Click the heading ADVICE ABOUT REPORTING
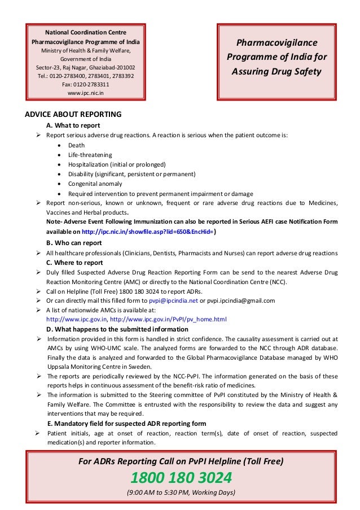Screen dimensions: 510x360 (x=73, y=115)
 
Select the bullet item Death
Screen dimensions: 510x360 (x=76, y=145)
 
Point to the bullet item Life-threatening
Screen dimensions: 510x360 (x=90, y=155)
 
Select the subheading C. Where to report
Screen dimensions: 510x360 (x=74, y=263)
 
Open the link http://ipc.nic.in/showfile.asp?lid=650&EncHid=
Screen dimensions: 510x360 (x=148, y=232)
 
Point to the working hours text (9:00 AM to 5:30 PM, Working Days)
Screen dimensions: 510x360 (x=181, y=492)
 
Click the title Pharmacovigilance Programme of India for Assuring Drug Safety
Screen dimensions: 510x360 (x=276, y=58)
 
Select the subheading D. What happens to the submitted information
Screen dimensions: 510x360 (x=117, y=329)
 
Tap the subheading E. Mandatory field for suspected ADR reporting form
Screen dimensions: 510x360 (x=126, y=424)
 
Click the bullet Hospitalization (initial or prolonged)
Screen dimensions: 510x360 (x=117, y=164)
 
